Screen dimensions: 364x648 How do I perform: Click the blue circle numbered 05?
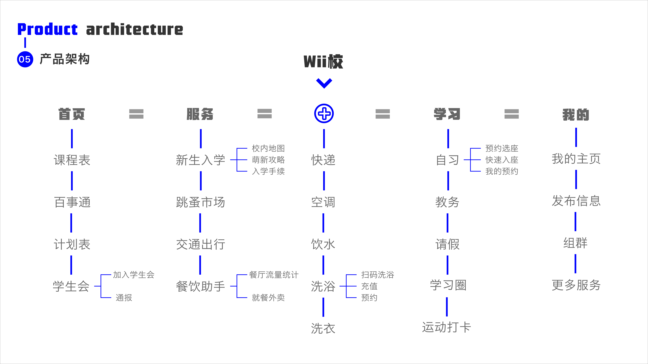point(25,59)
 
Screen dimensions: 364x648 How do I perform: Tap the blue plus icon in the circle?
point(324,114)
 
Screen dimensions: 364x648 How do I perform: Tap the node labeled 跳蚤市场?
point(200,202)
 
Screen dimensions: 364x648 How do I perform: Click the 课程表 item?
point(72,160)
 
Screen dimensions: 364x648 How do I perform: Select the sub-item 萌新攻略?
point(268,160)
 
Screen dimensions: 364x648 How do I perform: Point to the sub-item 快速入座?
point(502,160)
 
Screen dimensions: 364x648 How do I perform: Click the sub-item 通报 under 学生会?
point(124,298)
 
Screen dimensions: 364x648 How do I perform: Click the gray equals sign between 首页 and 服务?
point(136,114)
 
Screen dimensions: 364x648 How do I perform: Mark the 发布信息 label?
point(576,201)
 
